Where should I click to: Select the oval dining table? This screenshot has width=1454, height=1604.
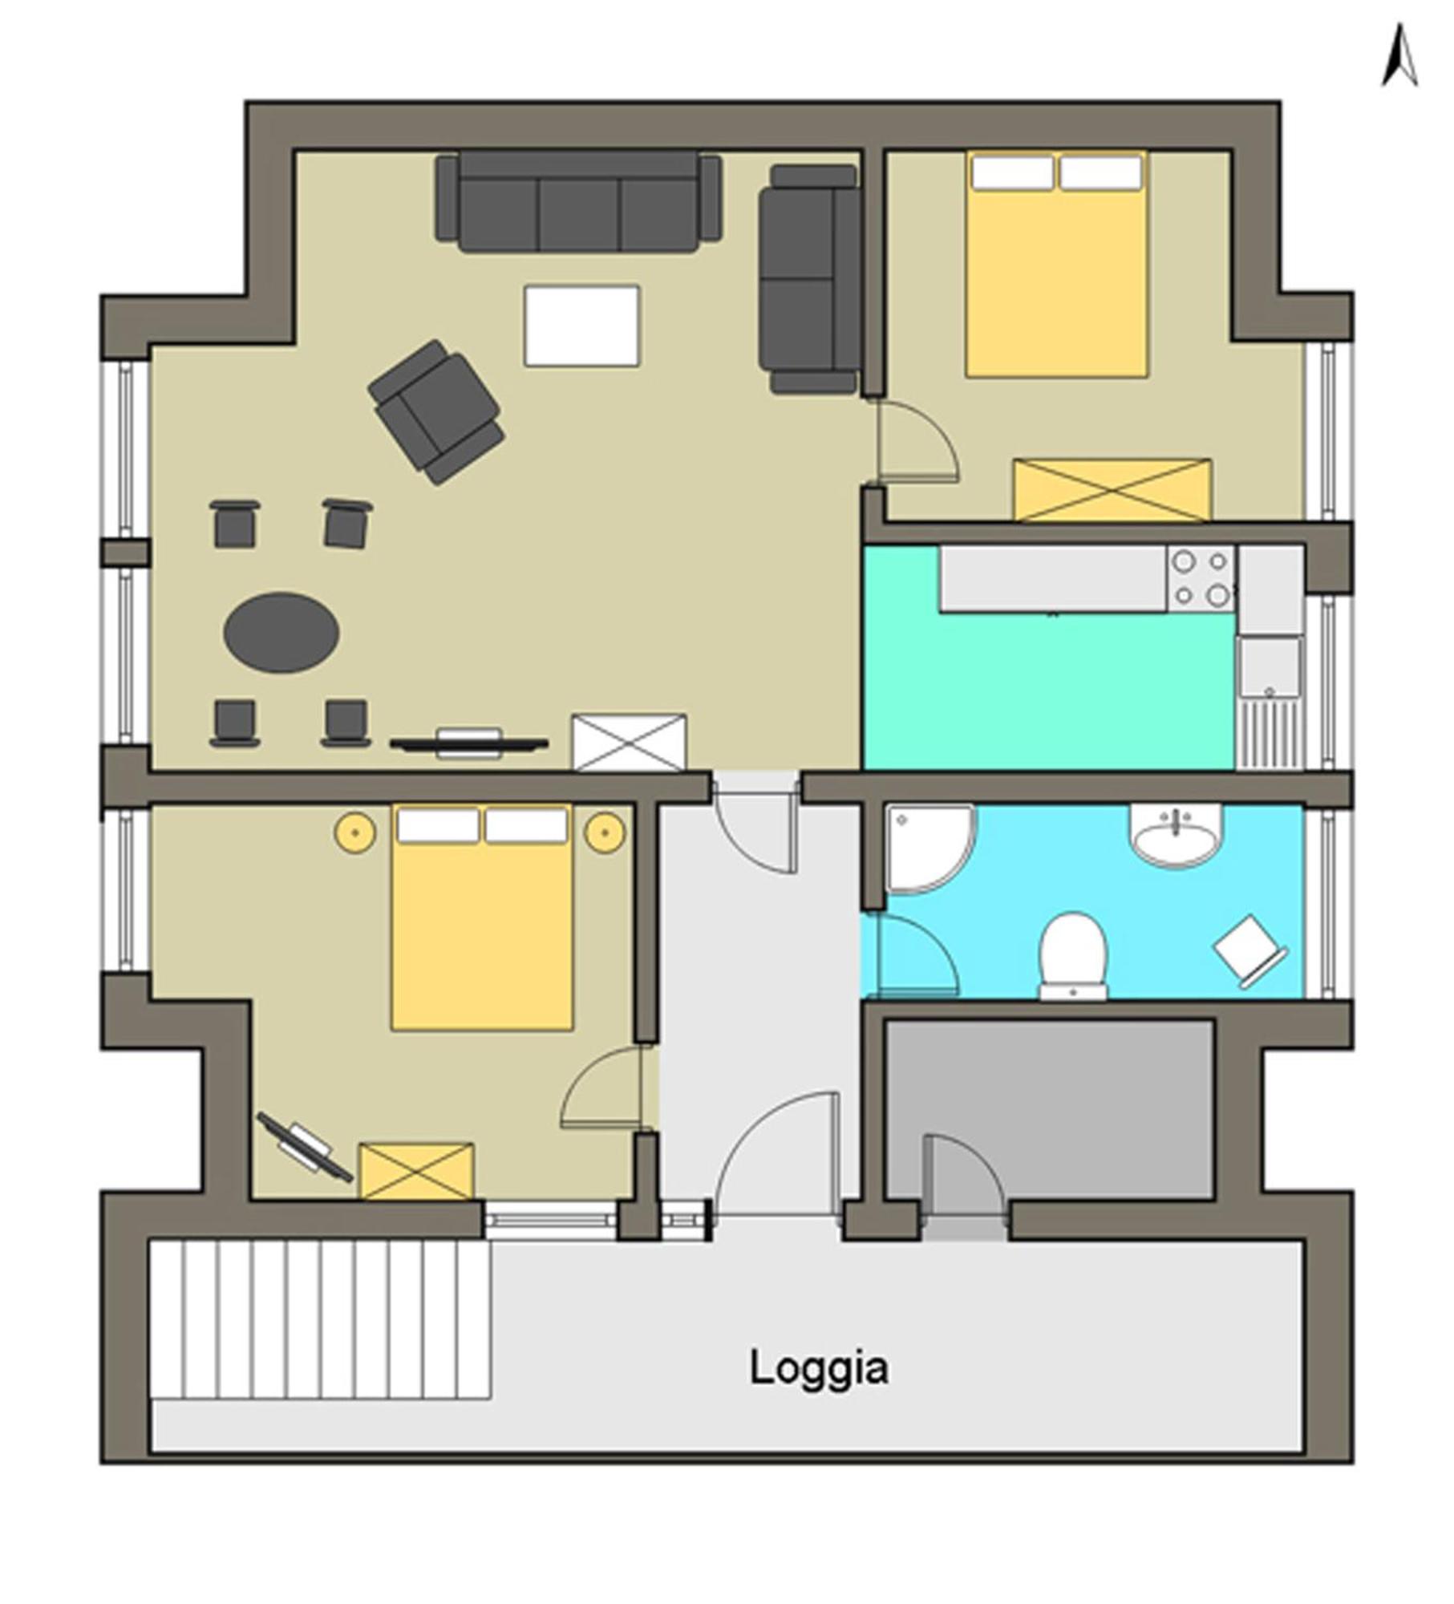pos(281,633)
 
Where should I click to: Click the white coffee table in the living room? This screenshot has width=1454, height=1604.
pos(581,326)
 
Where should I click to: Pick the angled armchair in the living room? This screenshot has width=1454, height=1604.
pos(436,411)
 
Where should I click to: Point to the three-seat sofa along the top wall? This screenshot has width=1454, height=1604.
pos(578,202)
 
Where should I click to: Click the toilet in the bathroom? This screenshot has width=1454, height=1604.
pos(1073,955)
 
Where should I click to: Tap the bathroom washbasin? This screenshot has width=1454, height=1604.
pos(1176,836)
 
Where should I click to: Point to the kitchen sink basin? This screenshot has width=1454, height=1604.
pos(1269,667)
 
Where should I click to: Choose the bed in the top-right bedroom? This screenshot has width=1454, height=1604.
pos(1056,264)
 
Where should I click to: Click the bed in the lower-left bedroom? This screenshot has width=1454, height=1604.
pos(482,917)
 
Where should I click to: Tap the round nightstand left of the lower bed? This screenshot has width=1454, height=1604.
pos(355,832)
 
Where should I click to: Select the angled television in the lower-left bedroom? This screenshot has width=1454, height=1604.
pos(305,1148)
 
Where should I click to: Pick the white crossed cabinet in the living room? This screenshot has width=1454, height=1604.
pos(629,742)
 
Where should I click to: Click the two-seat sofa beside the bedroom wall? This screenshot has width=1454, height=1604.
pos(809,279)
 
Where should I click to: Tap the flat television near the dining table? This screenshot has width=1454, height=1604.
pos(469,743)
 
